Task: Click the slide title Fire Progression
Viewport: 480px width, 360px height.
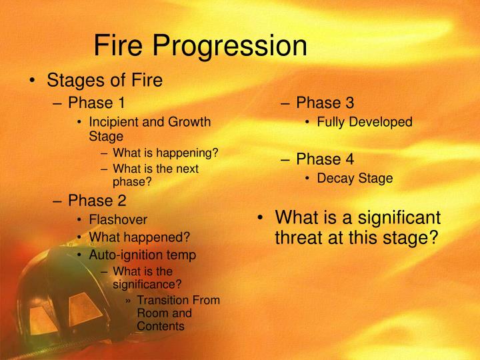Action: [x=200, y=46]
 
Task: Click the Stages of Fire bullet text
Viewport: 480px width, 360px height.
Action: [x=104, y=81]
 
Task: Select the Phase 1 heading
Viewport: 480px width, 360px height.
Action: [x=96, y=103]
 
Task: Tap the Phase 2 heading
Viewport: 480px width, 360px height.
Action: [x=96, y=200]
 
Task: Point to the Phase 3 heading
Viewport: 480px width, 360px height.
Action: [x=325, y=103]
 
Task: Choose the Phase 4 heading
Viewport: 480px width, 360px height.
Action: [x=325, y=159]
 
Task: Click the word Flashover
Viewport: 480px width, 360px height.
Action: [x=118, y=219]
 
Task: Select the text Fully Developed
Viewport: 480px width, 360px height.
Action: [x=364, y=123]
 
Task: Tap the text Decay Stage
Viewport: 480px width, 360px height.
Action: [x=355, y=179]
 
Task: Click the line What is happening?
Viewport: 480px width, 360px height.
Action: [x=165, y=153]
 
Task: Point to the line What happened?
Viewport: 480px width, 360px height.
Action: [x=139, y=237]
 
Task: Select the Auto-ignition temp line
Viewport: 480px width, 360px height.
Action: [x=143, y=255]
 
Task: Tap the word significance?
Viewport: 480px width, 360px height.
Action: [x=147, y=285]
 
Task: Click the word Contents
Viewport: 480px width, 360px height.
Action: [x=160, y=326]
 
